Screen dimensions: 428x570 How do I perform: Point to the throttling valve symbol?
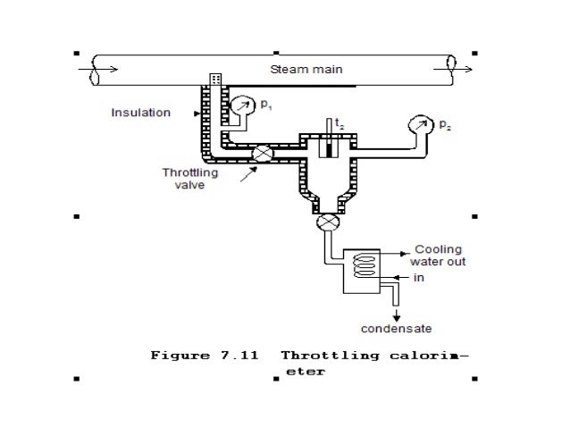[x=261, y=154]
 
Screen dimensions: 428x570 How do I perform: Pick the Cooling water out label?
[x=438, y=256]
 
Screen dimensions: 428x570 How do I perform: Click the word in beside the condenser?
[x=416, y=278]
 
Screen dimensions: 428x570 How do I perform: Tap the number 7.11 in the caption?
[x=236, y=356]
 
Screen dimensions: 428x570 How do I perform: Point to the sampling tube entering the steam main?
[x=215, y=80]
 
